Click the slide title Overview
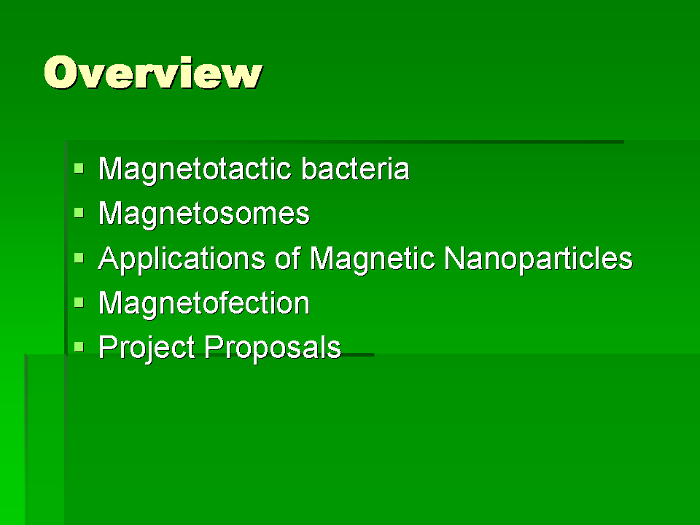(x=153, y=72)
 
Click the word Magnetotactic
(x=195, y=170)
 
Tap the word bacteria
(x=355, y=168)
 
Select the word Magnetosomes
(x=204, y=214)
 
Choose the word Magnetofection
(x=204, y=303)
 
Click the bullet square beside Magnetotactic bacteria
(x=79, y=168)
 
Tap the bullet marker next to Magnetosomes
(x=79, y=213)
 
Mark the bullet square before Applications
(x=79, y=258)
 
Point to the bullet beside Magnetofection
(x=79, y=303)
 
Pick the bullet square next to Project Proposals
(x=79, y=347)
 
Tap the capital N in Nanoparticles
(x=454, y=258)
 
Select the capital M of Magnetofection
(x=110, y=303)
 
